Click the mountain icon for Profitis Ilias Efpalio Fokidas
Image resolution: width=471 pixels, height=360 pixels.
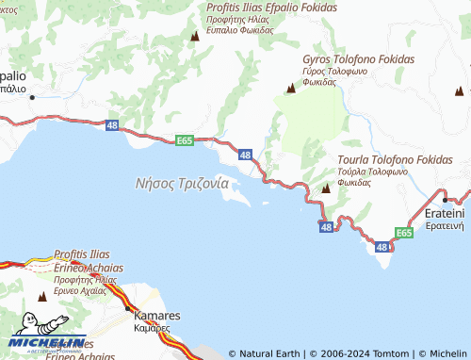tap(195, 36)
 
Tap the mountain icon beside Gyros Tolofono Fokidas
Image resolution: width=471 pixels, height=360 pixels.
tap(290, 89)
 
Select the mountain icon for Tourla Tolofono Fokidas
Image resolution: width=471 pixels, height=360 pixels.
tap(325, 188)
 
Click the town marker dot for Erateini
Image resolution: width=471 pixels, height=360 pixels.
tap(445, 200)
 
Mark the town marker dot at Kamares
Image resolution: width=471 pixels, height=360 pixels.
tap(127, 307)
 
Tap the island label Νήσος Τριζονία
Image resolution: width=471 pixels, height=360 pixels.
tap(176, 184)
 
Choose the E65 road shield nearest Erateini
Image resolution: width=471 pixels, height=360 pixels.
tap(404, 232)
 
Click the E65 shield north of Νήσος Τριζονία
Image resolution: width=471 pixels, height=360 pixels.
tap(185, 140)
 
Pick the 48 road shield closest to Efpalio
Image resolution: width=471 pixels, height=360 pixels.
tap(113, 124)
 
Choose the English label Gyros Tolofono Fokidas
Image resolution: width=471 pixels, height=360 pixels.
tap(358, 58)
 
